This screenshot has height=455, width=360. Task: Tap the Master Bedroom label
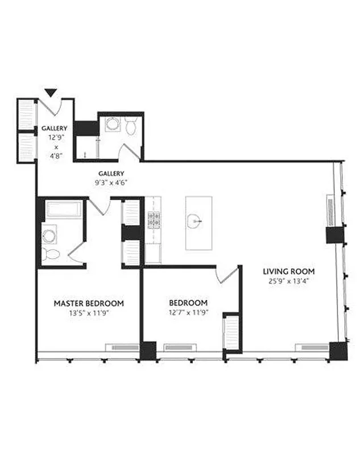[x=88, y=303]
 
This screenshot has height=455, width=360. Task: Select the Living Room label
[x=289, y=271]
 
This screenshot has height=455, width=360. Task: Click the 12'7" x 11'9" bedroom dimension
[x=188, y=312]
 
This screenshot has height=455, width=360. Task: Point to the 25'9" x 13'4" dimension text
[x=289, y=280]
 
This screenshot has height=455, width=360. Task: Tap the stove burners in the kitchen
[x=153, y=220]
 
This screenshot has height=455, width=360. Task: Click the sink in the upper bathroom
[x=112, y=125]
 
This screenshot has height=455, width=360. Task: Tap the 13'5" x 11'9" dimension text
[x=88, y=312]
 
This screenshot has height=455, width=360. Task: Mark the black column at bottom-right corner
[x=338, y=350]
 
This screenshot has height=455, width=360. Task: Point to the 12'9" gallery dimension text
[x=54, y=138]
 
